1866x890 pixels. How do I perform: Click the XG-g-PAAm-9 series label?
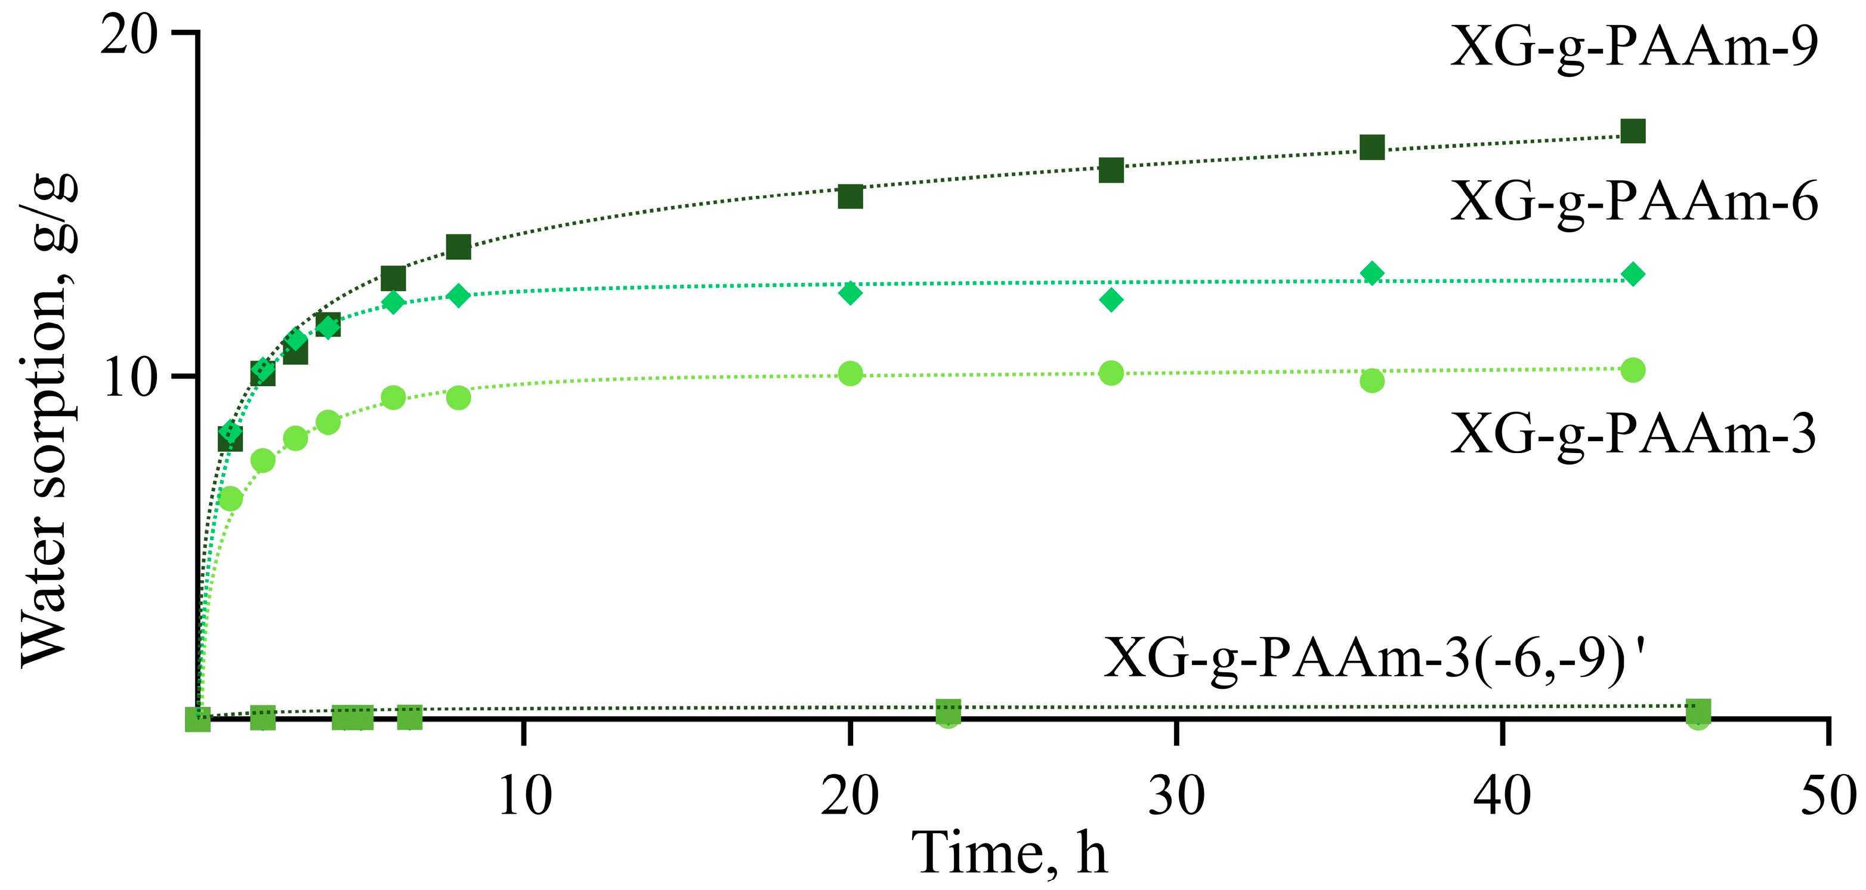[x=1633, y=47]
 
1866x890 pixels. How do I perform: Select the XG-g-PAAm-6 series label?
[x=1633, y=202]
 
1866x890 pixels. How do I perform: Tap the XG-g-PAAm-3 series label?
[x=1633, y=435]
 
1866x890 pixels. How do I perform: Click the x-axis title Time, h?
[x=1009, y=853]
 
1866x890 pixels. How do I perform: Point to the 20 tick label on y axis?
[x=128, y=35]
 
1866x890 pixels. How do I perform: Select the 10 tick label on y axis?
[x=129, y=378]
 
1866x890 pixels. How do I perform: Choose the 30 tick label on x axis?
[x=1176, y=795]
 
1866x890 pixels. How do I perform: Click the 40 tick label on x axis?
[x=1502, y=795]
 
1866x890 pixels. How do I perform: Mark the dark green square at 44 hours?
[x=1633, y=132]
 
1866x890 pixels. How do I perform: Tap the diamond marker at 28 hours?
[x=1111, y=299]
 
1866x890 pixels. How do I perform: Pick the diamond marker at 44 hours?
[x=1633, y=274]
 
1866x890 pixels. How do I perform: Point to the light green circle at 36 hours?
[x=1372, y=380]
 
